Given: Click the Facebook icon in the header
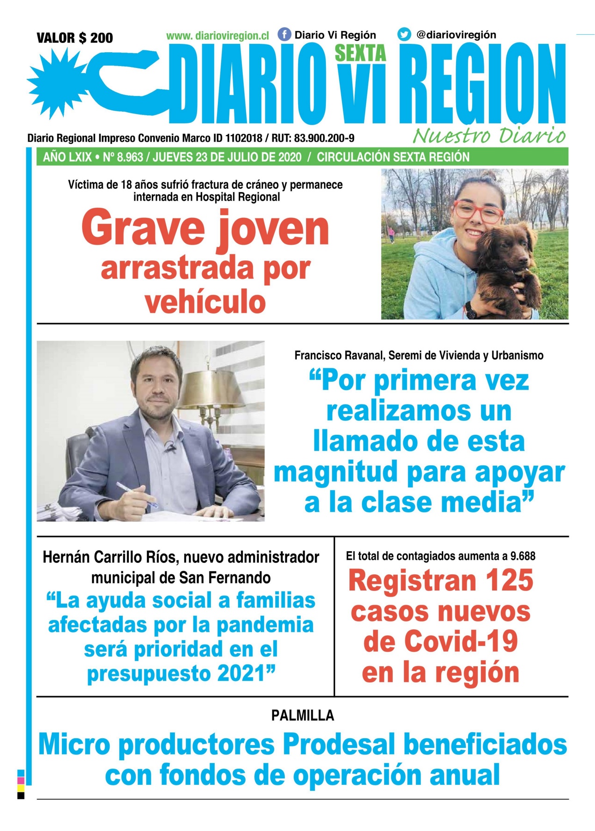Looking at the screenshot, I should click(284, 35).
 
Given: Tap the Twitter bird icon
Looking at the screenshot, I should click(404, 35).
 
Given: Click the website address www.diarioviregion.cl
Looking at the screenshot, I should click(217, 36).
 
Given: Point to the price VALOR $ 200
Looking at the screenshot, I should click(75, 38).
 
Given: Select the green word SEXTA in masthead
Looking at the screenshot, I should click(360, 54).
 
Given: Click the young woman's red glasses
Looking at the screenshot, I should click(477, 212).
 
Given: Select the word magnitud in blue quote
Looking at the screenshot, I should click(336, 473).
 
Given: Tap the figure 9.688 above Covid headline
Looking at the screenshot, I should click(523, 556).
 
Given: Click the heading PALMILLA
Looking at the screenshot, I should click(302, 716).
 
